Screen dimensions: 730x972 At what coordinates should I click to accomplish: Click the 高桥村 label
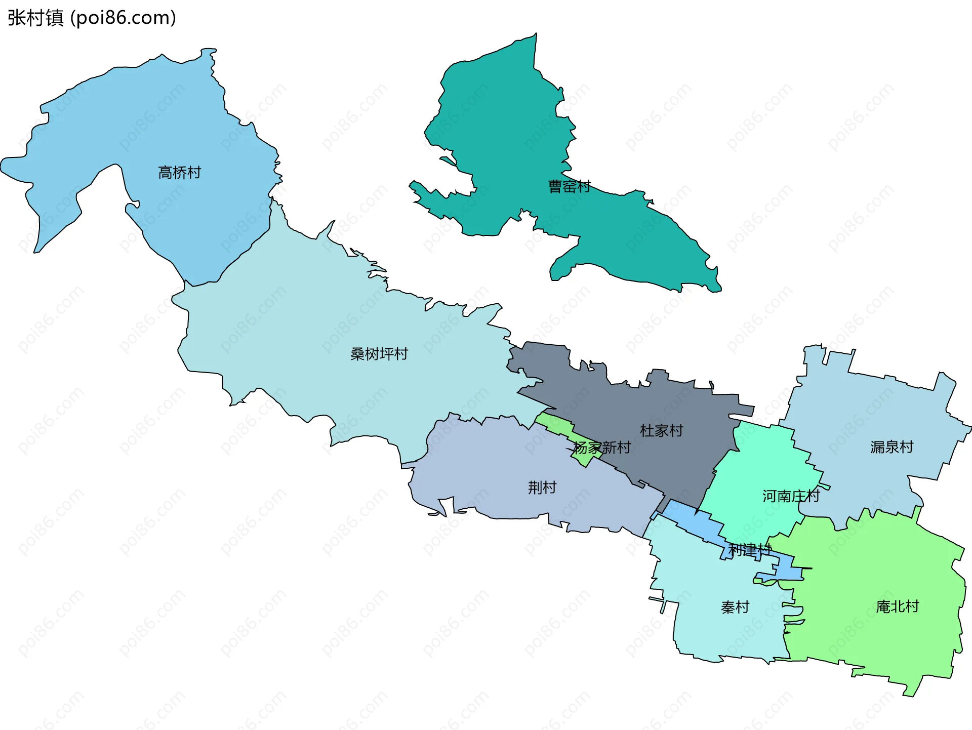click(x=180, y=173)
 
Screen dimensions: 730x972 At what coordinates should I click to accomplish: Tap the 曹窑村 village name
click(x=570, y=187)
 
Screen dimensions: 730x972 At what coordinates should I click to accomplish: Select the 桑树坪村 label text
click(x=379, y=354)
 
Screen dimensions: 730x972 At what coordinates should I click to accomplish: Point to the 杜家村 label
click(x=662, y=431)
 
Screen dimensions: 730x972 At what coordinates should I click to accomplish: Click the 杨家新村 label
click(x=602, y=448)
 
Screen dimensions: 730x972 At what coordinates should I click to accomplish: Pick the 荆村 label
click(x=542, y=488)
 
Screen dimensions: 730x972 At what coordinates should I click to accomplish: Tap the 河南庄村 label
click(x=791, y=496)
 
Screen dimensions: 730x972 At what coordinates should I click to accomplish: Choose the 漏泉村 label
click(x=892, y=447)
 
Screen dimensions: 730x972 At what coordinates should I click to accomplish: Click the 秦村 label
click(x=735, y=607)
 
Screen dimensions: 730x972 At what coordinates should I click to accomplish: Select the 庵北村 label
click(x=898, y=606)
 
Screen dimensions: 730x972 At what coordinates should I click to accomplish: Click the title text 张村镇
click(x=35, y=18)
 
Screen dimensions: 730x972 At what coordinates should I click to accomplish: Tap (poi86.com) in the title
click(x=123, y=18)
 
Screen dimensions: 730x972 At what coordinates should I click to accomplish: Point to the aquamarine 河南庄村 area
click(x=759, y=471)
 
